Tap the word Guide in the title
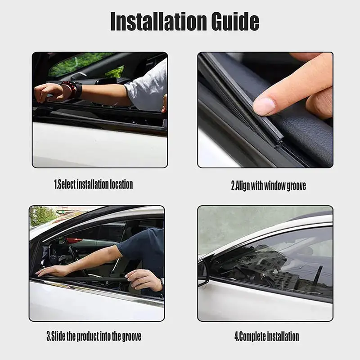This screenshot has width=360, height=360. (x=235, y=22)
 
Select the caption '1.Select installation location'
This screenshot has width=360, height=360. (x=94, y=184)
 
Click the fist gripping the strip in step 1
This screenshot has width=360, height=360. (x=47, y=92)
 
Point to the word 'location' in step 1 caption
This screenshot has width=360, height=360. (x=121, y=184)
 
